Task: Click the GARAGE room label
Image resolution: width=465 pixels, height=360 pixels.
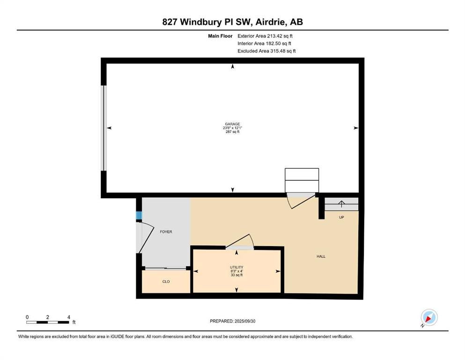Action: pyautogui.click(x=232, y=124)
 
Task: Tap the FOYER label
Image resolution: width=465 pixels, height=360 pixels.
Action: pyautogui.click(x=166, y=232)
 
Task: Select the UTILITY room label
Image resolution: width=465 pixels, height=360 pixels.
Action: pyautogui.click(x=236, y=267)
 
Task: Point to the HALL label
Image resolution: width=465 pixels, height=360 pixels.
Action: pyautogui.click(x=321, y=256)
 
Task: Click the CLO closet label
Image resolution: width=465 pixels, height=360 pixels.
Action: pyautogui.click(x=166, y=281)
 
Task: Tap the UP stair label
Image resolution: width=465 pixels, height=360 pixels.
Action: pyautogui.click(x=341, y=217)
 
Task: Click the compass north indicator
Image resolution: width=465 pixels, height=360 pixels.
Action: pyautogui.click(x=429, y=317)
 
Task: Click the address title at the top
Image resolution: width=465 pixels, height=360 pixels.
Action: pyautogui.click(x=232, y=22)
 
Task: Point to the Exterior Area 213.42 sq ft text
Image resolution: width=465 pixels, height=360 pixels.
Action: pyautogui.click(x=265, y=36)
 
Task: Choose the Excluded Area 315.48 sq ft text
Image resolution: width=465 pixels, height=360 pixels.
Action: pyautogui.click(x=266, y=51)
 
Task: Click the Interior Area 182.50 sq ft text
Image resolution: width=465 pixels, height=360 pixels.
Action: pyautogui.click(x=264, y=43)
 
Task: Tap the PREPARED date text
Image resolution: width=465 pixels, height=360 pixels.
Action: pyautogui.click(x=232, y=321)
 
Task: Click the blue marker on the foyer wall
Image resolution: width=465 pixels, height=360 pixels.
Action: pyautogui.click(x=139, y=216)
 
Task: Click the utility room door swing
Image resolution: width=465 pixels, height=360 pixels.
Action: pyautogui.click(x=240, y=241)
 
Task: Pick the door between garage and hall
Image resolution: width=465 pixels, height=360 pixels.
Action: pyautogui.click(x=301, y=200)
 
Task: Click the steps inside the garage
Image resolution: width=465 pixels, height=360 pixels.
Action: pyautogui.click(x=302, y=180)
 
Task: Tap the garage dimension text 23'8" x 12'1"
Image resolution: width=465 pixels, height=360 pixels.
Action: pyautogui.click(x=232, y=128)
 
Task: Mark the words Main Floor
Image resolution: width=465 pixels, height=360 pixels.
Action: pyautogui.click(x=220, y=36)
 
